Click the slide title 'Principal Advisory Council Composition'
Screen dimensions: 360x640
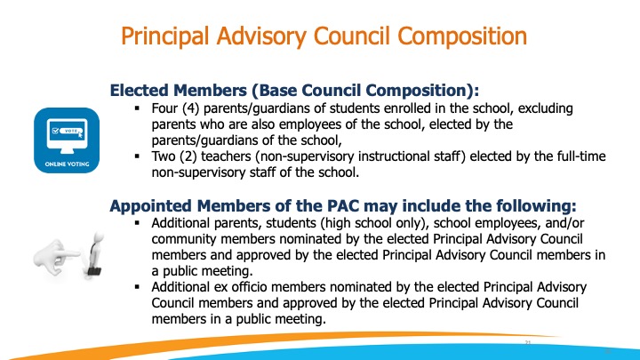(x=323, y=37)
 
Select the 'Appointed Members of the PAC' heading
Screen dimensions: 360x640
(x=342, y=205)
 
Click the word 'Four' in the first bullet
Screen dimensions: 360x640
(x=166, y=108)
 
